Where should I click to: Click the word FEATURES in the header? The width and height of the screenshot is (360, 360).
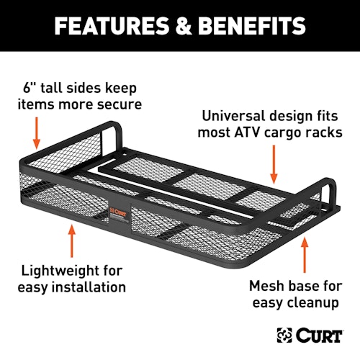(112, 26)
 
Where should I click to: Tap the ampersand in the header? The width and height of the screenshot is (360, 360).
(183, 26)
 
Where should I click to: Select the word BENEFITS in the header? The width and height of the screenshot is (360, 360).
(252, 26)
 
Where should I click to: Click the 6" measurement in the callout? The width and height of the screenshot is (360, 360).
(30, 88)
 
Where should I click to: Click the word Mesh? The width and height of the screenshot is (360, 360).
(266, 286)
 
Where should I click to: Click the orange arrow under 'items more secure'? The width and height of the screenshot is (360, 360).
(37, 132)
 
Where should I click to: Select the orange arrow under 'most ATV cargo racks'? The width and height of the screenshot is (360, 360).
(274, 164)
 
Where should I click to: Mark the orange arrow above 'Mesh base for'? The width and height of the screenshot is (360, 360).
(305, 255)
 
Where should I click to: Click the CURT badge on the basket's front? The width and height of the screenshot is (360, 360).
(118, 213)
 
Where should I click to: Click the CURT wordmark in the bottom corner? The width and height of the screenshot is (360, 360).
(319, 335)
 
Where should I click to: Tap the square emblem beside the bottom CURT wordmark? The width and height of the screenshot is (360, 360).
(284, 335)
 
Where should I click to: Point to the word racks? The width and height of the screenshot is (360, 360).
(323, 132)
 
